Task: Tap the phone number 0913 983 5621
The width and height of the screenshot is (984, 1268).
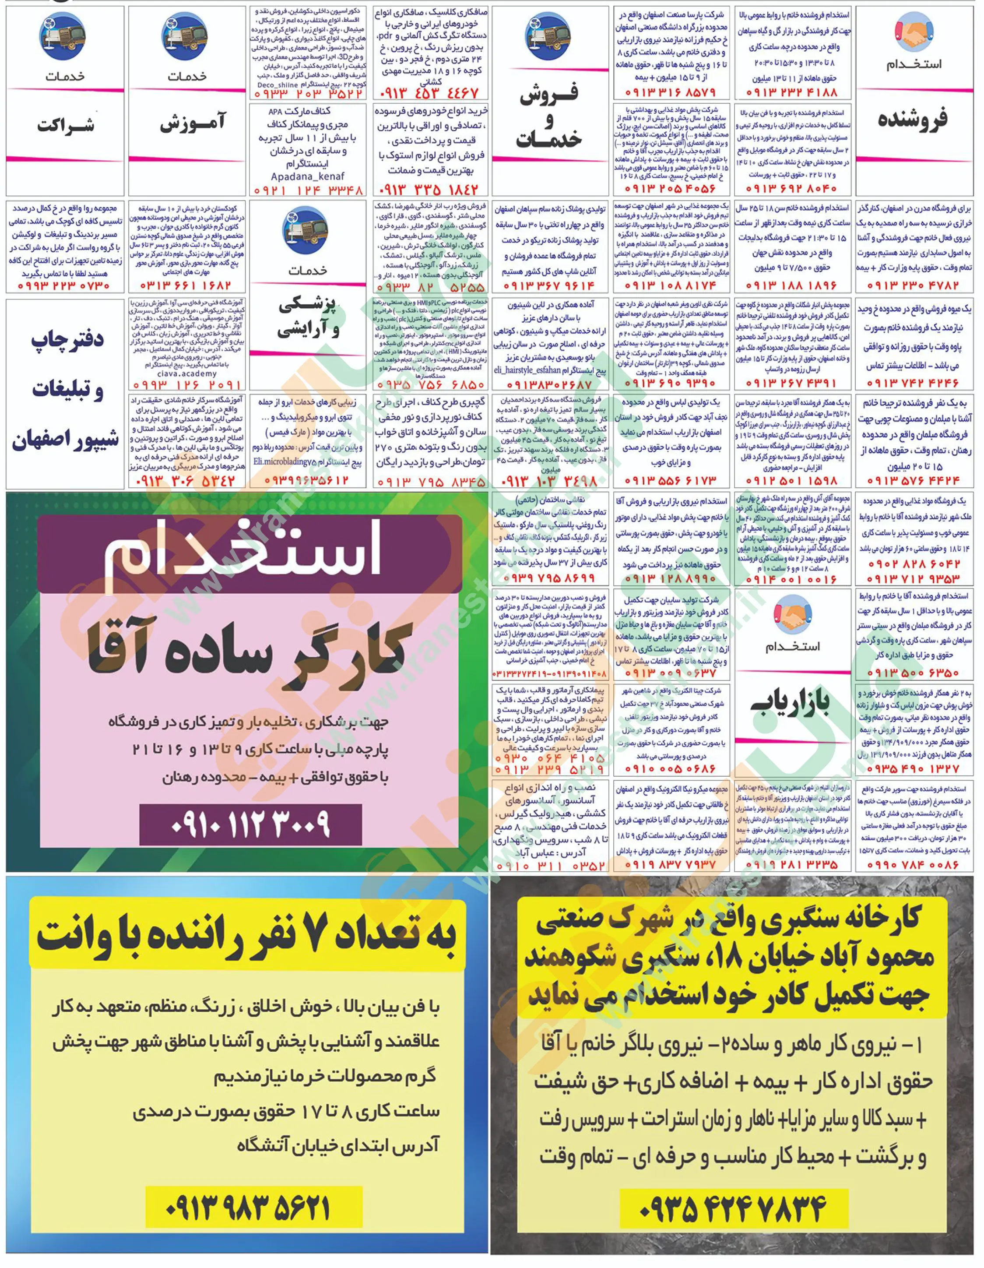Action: [248, 1207]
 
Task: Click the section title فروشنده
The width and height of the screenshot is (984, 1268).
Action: [913, 119]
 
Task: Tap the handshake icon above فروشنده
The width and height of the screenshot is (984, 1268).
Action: [914, 32]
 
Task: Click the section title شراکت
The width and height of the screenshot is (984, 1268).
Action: [65, 125]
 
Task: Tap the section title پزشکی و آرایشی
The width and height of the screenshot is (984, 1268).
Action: [308, 319]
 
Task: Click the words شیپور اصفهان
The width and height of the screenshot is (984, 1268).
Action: [66, 440]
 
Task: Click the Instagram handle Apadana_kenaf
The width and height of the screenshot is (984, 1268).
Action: [308, 176]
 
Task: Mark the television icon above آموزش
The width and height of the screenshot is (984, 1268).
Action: [185, 36]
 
